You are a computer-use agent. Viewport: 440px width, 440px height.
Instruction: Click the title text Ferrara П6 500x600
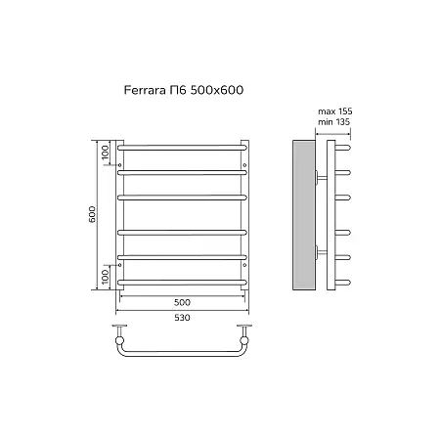coord(184,90)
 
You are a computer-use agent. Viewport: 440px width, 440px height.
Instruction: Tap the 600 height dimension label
coord(93,214)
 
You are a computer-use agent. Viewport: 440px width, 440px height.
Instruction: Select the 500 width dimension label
coord(182,302)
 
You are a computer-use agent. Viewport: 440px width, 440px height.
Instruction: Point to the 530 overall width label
coord(182,318)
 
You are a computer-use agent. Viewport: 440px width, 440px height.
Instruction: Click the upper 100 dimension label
coord(105,153)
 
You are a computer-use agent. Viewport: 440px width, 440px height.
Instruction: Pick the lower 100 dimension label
coord(105,277)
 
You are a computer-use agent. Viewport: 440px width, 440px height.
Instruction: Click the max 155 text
coord(335,111)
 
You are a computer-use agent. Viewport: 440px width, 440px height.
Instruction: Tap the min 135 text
coord(333,122)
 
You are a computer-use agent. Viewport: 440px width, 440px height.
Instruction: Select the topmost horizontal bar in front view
coord(182,148)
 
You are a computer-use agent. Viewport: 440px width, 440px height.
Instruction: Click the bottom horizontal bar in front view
coord(182,283)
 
